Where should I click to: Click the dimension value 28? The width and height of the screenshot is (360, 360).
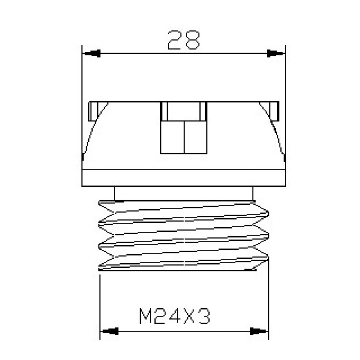pyautogui.click(x=184, y=40)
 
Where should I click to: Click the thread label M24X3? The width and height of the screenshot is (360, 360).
pyautogui.click(x=175, y=316)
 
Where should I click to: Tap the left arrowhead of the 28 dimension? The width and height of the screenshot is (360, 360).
pyautogui.click(x=92, y=54)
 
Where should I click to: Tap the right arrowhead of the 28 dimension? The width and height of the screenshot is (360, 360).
pyautogui.click(x=275, y=54)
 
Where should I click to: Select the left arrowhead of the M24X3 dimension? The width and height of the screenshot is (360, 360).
pyautogui.click(x=110, y=331)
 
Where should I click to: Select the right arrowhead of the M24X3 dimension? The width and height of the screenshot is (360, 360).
pyautogui.click(x=258, y=331)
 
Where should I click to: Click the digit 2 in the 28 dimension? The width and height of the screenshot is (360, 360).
pyautogui.click(x=175, y=40)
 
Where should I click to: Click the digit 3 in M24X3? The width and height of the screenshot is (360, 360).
pyautogui.click(x=204, y=316)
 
